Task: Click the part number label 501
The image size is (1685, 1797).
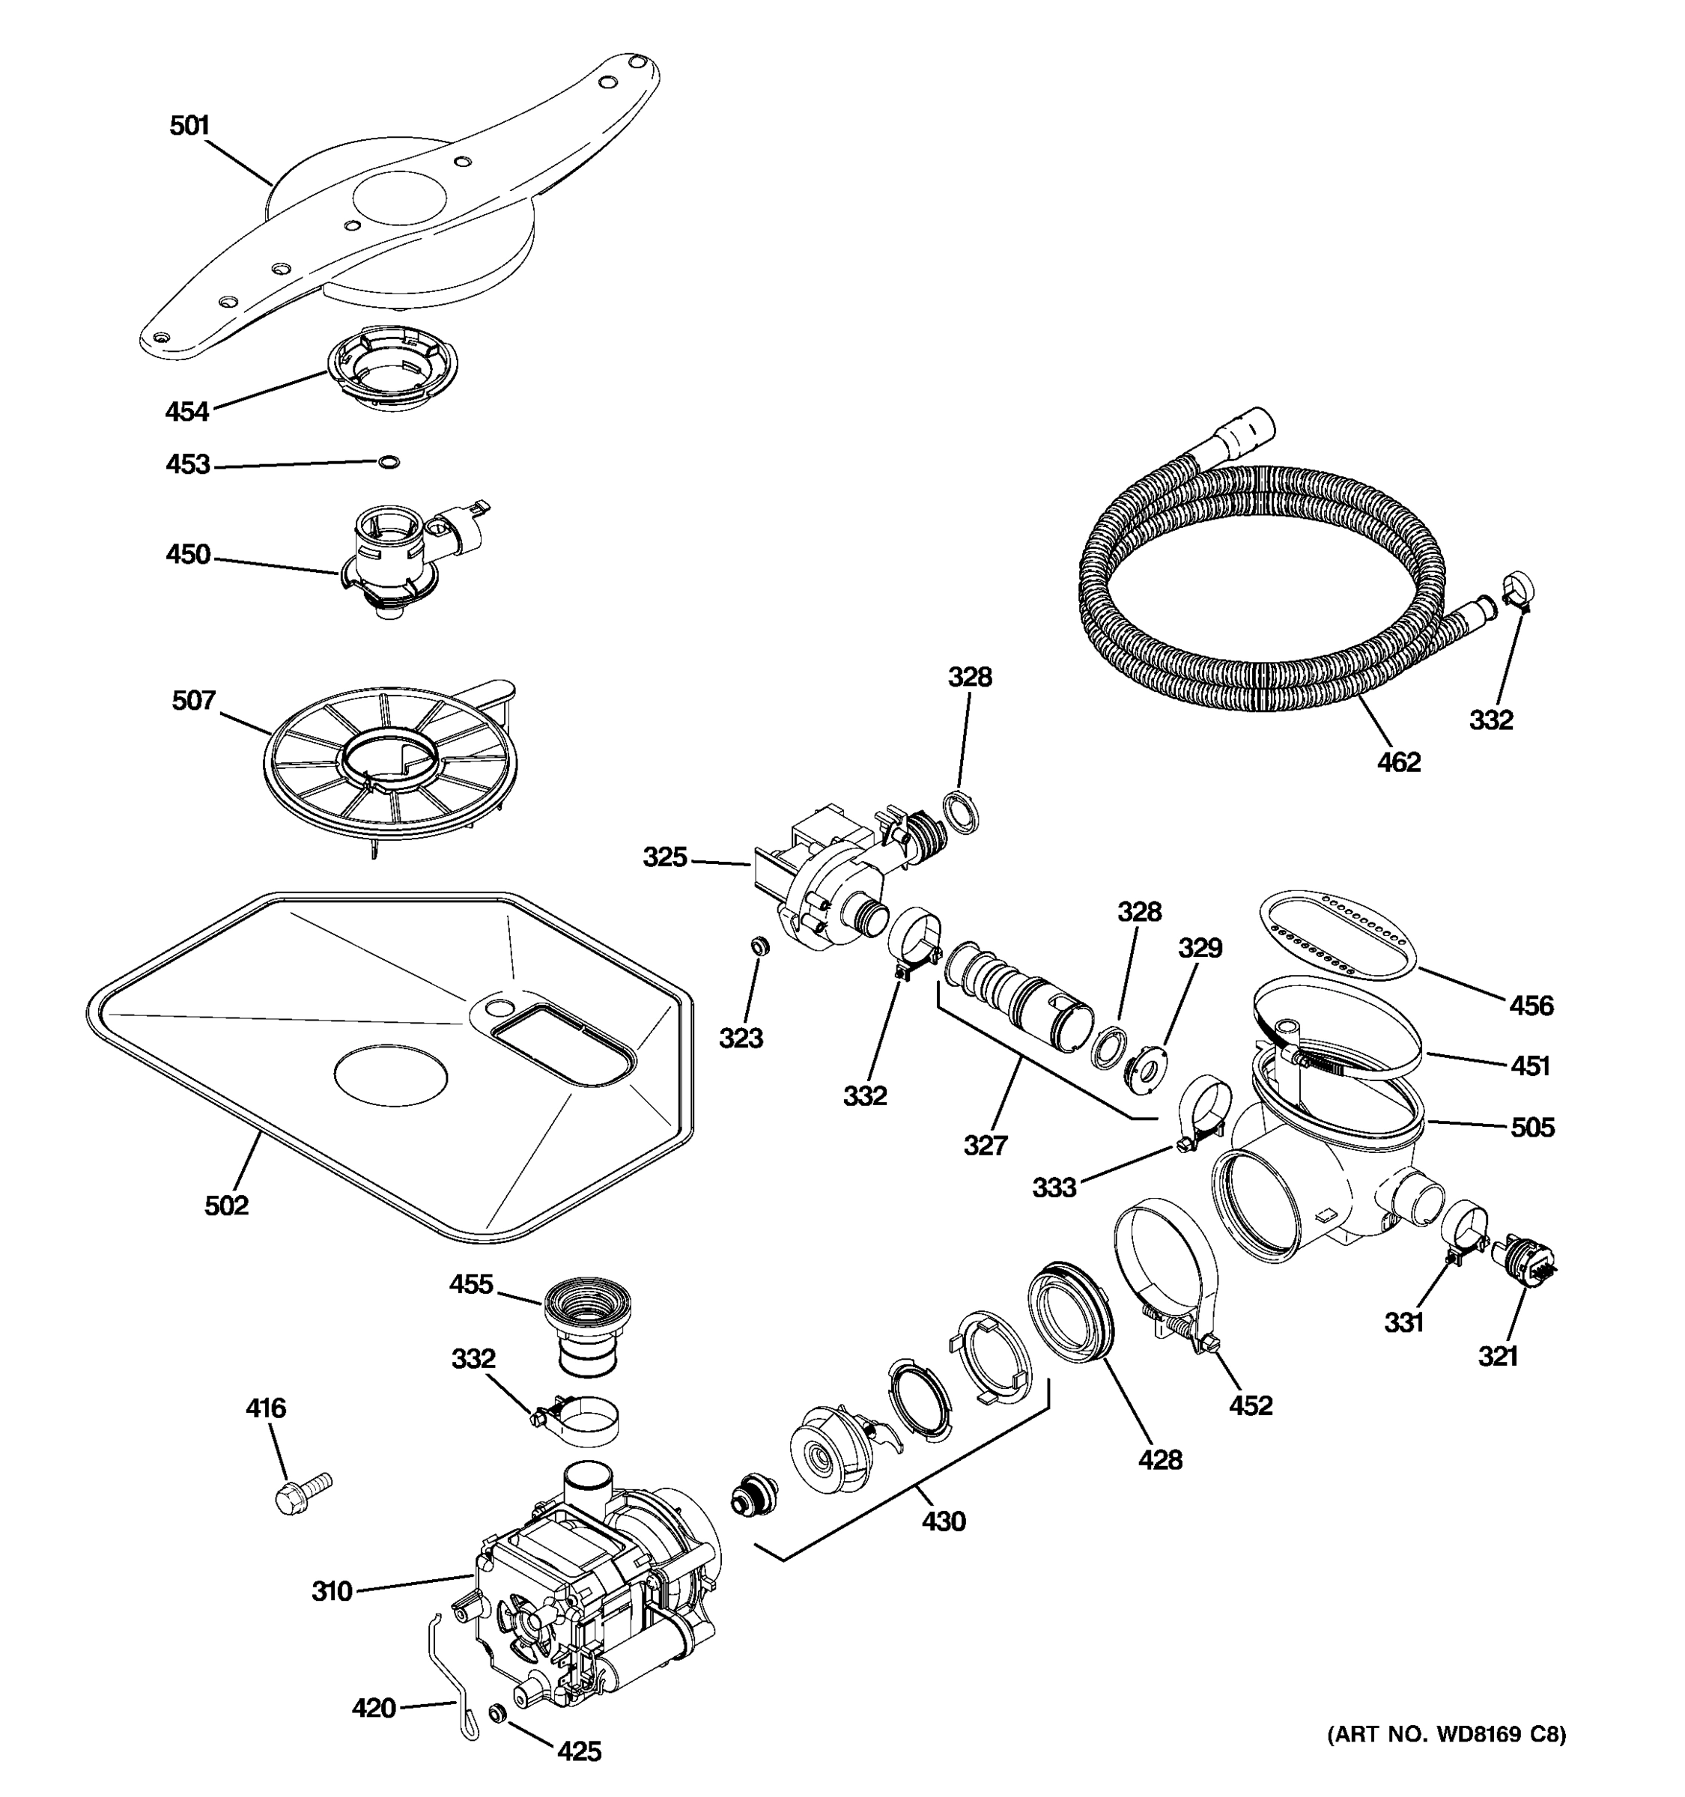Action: [x=189, y=126]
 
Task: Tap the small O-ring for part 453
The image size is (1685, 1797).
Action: [x=389, y=463]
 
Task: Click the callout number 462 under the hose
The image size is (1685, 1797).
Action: [x=1397, y=762]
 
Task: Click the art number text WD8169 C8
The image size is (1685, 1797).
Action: [x=1445, y=1733]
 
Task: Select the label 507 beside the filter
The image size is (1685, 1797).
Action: [x=193, y=701]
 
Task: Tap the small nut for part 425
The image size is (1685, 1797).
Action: [x=495, y=1713]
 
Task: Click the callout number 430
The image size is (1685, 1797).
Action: [x=944, y=1521]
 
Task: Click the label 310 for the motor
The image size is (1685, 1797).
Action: [x=331, y=1591]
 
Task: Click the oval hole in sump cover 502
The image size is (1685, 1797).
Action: [x=390, y=1076]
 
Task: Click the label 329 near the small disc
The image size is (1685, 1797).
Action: [x=1200, y=947]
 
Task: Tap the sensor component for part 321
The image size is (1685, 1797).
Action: [x=1524, y=1260]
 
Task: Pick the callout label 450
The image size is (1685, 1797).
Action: [x=187, y=554]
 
